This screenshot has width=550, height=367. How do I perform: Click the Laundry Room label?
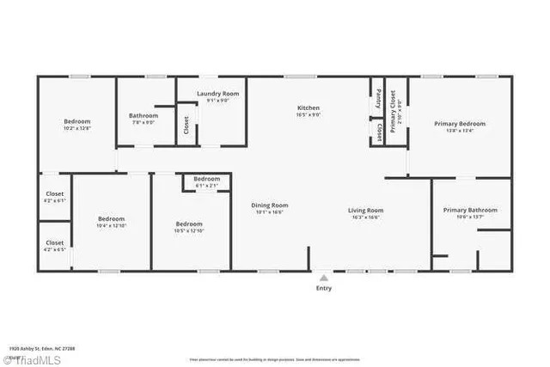coord(217,93)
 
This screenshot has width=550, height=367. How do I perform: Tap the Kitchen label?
coord(309,108)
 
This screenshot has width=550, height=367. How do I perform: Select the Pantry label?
coord(379,99)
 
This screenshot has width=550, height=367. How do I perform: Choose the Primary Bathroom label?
coord(470,211)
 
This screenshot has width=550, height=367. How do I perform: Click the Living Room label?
coord(365,211)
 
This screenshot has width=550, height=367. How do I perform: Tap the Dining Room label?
coord(269,205)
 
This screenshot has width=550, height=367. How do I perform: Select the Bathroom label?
coord(144,115)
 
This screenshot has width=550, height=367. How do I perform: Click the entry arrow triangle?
coord(323,278)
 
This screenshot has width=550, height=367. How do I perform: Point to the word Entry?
coord(323,289)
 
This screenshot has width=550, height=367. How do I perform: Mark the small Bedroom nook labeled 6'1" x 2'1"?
coord(206,185)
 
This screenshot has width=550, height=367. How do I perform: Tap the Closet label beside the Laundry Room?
coord(186,125)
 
